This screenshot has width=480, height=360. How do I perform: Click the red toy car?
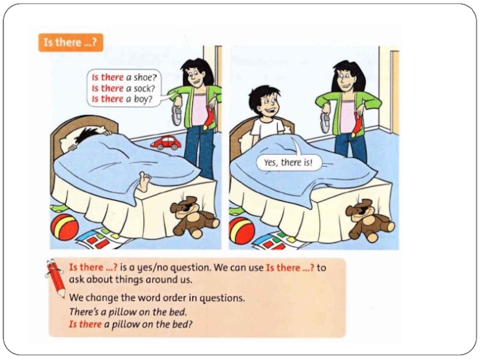point(166,143)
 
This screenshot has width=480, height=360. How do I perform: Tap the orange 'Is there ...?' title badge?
point(71,43)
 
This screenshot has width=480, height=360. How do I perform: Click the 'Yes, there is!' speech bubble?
point(289,163)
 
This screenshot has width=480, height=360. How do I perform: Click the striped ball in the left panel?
point(64,227)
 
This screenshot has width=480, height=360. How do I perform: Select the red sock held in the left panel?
point(209,118)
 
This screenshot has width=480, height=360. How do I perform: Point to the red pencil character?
point(55,278)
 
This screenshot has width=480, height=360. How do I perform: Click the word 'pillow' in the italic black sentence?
point(123,312)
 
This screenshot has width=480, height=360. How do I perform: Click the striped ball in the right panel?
point(242,230)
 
